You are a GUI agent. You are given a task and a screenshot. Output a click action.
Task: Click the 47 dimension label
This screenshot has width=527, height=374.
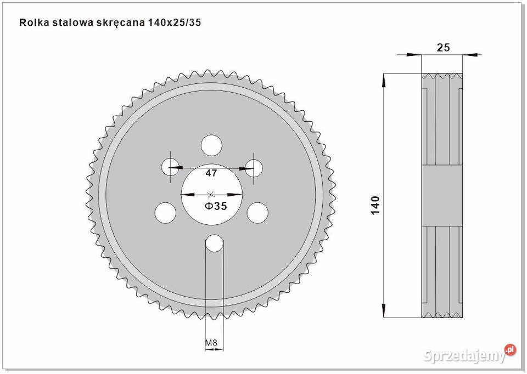211,173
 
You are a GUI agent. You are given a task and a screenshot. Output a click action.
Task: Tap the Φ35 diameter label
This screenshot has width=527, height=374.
216,206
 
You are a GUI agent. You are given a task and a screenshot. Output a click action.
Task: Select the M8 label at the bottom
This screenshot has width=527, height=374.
211,344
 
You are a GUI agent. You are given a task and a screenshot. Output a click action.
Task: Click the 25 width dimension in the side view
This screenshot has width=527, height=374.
443,47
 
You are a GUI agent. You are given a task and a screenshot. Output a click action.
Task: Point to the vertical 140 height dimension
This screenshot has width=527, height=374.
375,205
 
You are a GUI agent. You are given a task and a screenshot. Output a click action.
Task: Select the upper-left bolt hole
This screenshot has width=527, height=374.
170,166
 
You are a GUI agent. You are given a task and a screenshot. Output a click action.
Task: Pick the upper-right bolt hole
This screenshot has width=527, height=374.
255,166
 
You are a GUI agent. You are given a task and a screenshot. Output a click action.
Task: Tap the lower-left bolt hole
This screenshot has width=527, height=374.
165,213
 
